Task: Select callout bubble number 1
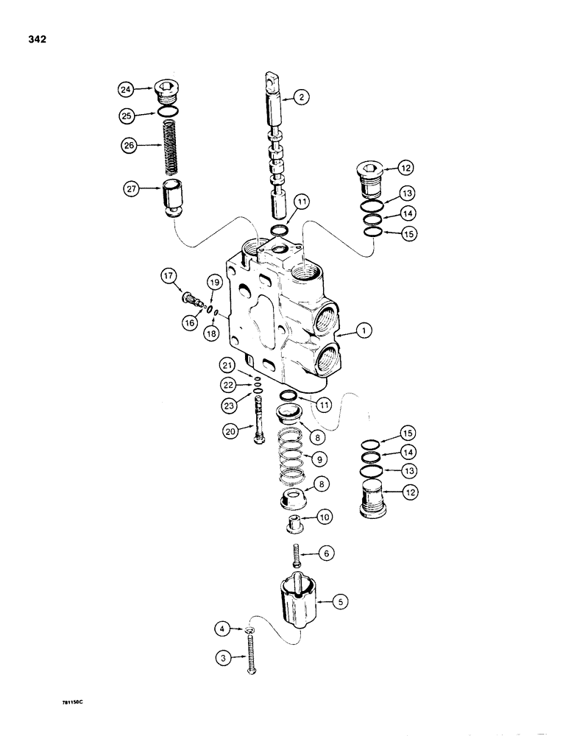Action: click(363, 332)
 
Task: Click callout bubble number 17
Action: click(168, 277)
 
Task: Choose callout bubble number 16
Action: click(191, 322)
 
